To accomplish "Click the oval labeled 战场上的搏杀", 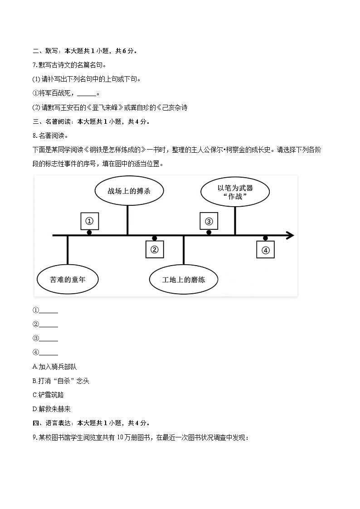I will tap(129, 191).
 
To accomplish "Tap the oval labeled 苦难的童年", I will tap(68, 279).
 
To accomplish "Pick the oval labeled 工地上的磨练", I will tap(184, 279).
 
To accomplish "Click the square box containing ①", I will tap(89, 221).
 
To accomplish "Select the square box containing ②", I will tap(154, 250).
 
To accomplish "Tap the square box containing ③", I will tap(209, 221).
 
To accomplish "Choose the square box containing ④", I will tap(265, 250).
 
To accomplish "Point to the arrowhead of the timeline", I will tap(290, 235).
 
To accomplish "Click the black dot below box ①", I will tap(89, 233).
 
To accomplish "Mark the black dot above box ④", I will tap(265, 238).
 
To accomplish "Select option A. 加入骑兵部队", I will tap(54, 367).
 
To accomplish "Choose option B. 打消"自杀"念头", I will tap(61, 381).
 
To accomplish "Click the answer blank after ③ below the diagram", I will tap(49, 339).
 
